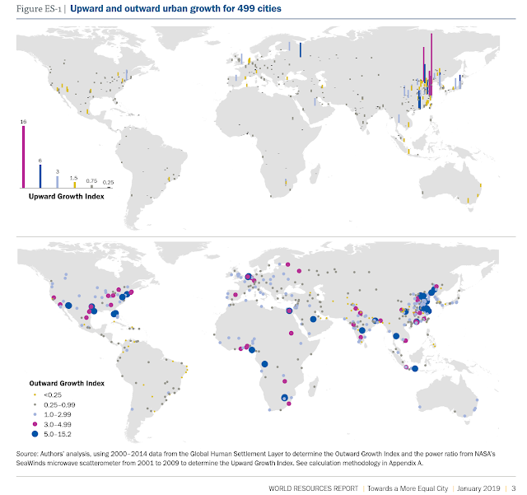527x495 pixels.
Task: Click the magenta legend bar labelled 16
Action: [x=24, y=157]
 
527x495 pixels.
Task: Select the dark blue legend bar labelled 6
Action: [x=40, y=176]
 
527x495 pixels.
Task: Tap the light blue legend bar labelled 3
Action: [x=57, y=182]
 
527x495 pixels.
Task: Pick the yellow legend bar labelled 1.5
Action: [x=75, y=185]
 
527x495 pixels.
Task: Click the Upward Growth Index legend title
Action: [x=66, y=196]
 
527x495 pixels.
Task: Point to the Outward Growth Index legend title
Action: [x=67, y=383]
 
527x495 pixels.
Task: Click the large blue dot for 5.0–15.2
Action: [x=35, y=434]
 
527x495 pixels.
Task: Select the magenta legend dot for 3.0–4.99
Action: [x=35, y=424]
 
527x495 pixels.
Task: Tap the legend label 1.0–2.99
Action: [x=58, y=414]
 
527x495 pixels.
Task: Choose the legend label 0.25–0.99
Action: [x=59, y=405]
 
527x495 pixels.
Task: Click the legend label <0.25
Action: [x=53, y=395]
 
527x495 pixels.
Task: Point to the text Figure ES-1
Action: [x=39, y=9]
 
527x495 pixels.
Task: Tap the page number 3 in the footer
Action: [x=513, y=488]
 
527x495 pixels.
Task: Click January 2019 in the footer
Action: [x=478, y=488]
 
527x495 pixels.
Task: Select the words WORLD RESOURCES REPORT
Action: [x=313, y=488]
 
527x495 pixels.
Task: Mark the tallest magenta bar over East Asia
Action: [x=431, y=64]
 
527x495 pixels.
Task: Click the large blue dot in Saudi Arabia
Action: [x=313, y=319]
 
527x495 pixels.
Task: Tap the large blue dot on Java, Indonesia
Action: [x=415, y=368]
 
